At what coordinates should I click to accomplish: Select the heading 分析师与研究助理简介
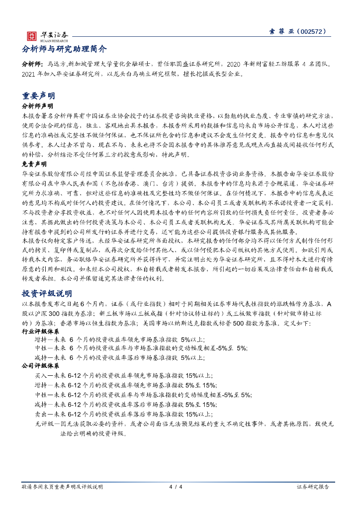[x=64, y=49]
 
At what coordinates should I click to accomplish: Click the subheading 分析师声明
[x=38, y=106]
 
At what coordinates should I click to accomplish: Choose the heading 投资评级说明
[x=47, y=293]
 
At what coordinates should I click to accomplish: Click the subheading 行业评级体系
[x=38, y=330]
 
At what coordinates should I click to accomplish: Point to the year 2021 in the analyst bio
[x=30, y=74]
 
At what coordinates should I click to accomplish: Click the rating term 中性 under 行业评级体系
[x=40, y=348]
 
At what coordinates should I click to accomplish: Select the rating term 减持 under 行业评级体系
[x=40, y=357]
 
